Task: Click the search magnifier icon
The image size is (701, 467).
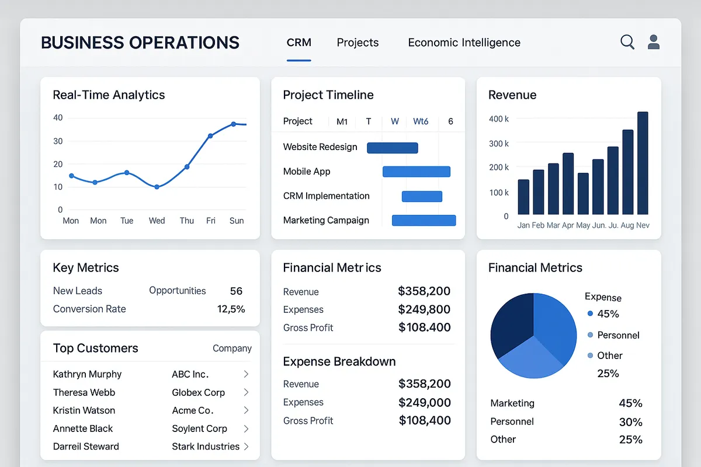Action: [x=627, y=42]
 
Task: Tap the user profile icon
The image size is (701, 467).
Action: [x=654, y=42]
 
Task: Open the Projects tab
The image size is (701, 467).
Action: [x=358, y=43]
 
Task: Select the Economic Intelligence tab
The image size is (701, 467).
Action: [x=464, y=43]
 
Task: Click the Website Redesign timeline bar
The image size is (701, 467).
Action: [x=392, y=148]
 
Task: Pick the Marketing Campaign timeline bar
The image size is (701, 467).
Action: [x=424, y=220]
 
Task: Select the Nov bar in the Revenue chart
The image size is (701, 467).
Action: [x=643, y=163]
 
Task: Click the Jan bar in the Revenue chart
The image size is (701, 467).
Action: [x=523, y=197]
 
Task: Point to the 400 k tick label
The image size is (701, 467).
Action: [x=499, y=119]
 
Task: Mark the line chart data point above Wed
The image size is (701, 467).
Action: [x=157, y=187]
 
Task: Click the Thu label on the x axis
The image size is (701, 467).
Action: [x=187, y=221]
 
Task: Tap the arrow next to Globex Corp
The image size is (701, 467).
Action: [x=246, y=392]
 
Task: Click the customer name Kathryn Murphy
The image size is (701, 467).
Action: [x=87, y=374]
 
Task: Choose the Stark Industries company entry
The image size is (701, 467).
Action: [x=206, y=447]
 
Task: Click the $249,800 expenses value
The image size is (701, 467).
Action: [x=424, y=309]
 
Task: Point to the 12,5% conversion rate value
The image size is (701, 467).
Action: [x=231, y=309]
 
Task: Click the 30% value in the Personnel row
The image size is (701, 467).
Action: [x=630, y=421]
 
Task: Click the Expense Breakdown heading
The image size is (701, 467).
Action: [x=339, y=361]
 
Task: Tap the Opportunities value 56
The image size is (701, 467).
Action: [x=236, y=291]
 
